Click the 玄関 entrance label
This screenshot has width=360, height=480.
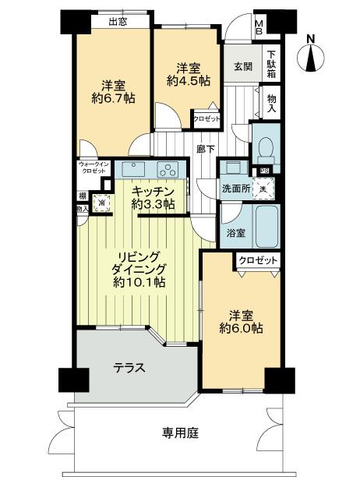(x=241, y=67)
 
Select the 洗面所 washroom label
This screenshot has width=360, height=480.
(x=235, y=188)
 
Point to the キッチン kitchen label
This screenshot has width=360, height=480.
(x=152, y=190)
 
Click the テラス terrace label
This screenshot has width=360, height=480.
(x=129, y=368)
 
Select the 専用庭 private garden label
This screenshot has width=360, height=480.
(x=180, y=432)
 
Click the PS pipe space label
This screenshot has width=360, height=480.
(x=265, y=171)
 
